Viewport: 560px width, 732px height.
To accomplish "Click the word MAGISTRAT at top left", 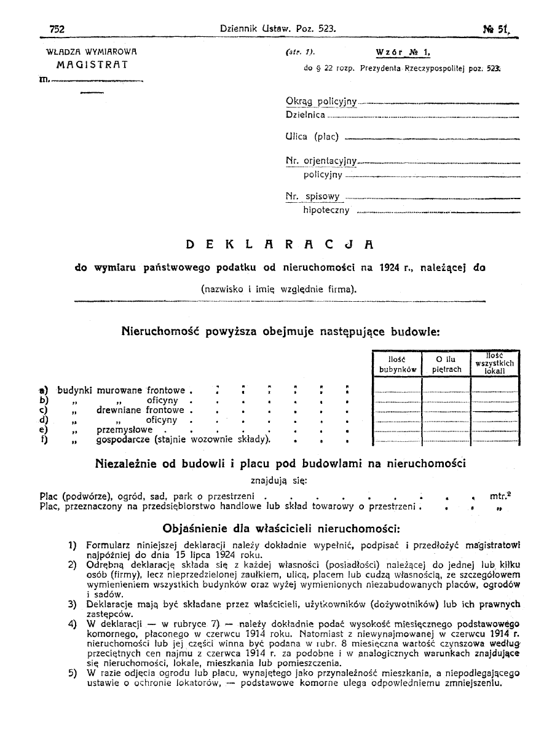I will point(92,64).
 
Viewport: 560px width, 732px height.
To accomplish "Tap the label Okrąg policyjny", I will point(321,101).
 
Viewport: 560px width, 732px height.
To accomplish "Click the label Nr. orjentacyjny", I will point(321,161).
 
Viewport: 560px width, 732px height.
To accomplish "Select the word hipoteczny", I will point(326,210).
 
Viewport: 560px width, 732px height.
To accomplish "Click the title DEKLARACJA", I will point(280,245).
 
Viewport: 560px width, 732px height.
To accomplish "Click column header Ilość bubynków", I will point(397,364).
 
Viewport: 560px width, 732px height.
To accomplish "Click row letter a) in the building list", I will point(43,390).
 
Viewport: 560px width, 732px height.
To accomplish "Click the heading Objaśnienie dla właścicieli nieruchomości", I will point(281,528).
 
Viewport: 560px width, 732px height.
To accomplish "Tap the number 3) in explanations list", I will point(73,604).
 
